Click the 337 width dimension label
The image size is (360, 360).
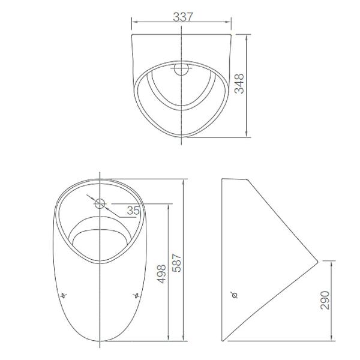point(183,17)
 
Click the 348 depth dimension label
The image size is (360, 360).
point(239,83)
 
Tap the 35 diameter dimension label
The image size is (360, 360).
point(133,211)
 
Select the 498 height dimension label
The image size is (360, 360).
point(161,274)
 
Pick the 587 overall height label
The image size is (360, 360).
point(177,263)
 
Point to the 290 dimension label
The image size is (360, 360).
point(325,300)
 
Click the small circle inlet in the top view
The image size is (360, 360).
point(181,68)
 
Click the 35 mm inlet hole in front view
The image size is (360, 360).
point(100,203)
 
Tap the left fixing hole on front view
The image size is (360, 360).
point(64,295)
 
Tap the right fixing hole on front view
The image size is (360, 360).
point(136,295)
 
